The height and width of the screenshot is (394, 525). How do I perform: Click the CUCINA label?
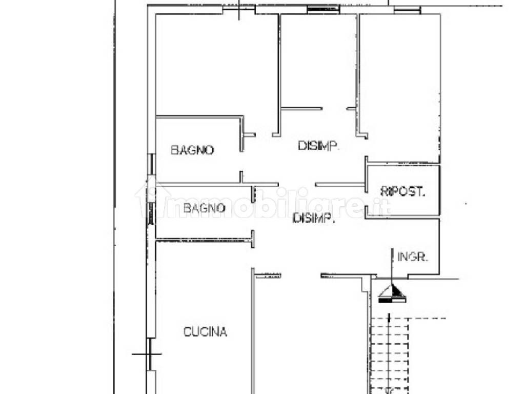[x=205, y=332]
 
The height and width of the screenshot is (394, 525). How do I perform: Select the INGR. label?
[x=413, y=257]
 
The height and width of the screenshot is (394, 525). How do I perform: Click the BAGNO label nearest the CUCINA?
[x=204, y=208]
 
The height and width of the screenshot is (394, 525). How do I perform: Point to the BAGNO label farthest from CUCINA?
[x=192, y=150]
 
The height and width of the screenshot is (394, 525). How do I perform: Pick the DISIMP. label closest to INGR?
[x=314, y=218]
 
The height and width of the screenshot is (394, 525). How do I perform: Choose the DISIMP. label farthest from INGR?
[x=318, y=146]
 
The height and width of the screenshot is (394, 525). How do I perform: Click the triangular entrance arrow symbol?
[x=392, y=293]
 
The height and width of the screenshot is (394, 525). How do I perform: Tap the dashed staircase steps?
[x=390, y=355]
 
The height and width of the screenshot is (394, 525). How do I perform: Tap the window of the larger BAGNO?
[x=151, y=164]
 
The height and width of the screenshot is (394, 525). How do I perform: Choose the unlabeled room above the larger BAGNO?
[x=217, y=65]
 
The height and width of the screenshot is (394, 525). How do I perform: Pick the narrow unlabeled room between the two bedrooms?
[x=319, y=61]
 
